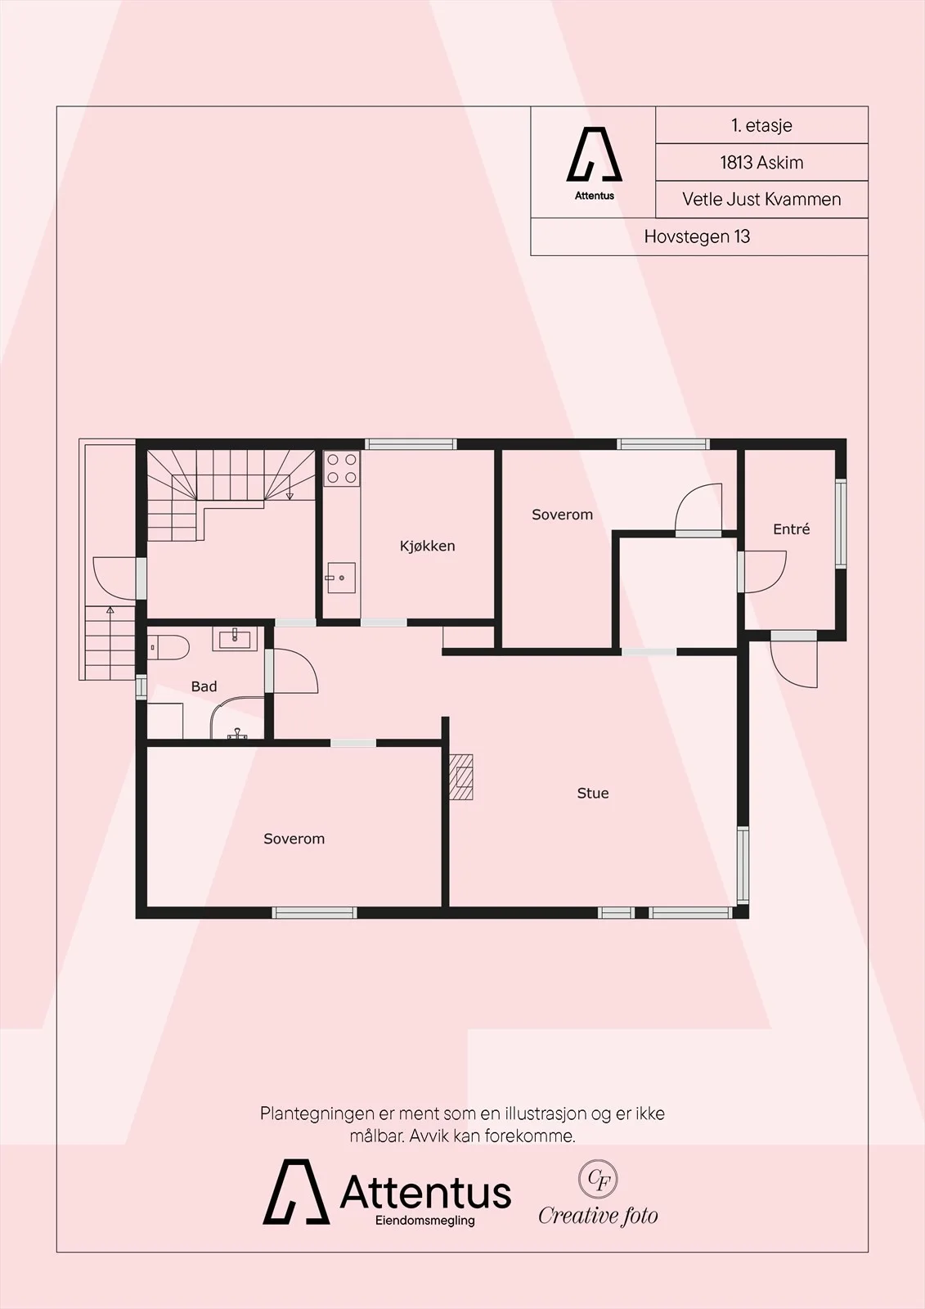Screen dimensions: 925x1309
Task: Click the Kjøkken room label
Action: pyautogui.click(x=427, y=546)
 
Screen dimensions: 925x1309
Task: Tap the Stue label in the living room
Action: pyautogui.click(x=592, y=793)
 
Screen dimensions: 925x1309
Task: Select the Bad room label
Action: pyautogui.click(x=204, y=686)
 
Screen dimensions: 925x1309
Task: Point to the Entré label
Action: pyautogui.click(x=791, y=529)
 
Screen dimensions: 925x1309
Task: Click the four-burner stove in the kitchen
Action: pyautogui.click(x=342, y=468)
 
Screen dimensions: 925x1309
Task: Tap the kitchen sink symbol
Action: pyautogui.click(x=341, y=578)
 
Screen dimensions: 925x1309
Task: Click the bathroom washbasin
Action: pyautogui.click(x=235, y=639)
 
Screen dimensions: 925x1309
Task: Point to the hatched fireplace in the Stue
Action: pyautogui.click(x=460, y=776)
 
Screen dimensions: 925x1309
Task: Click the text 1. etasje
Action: pyautogui.click(x=761, y=126)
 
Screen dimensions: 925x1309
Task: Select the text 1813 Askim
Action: pyautogui.click(x=761, y=163)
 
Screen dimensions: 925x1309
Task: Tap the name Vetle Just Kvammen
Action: pyautogui.click(x=761, y=200)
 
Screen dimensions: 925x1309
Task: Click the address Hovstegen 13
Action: pyautogui.click(x=697, y=236)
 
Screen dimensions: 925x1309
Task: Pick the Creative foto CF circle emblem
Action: pyautogui.click(x=598, y=1179)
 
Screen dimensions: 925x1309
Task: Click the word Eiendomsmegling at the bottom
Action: pyautogui.click(x=424, y=1221)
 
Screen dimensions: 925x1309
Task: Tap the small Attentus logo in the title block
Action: pyautogui.click(x=595, y=163)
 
